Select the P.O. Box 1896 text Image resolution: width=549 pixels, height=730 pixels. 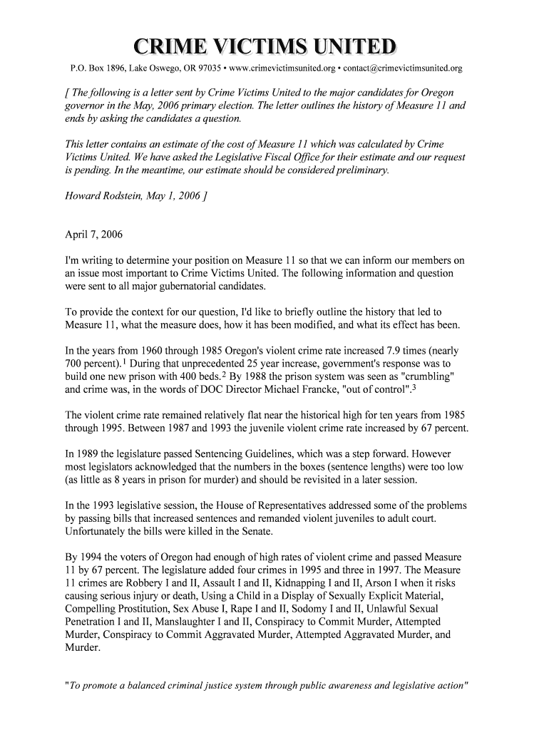tap(96, 69)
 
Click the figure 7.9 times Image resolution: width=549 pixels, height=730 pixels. tap(382, 351)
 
